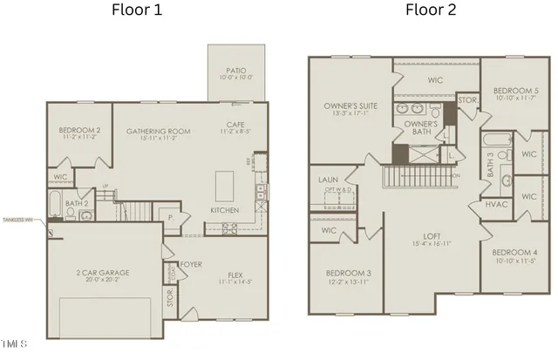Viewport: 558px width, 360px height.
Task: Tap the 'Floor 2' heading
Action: [430, 11]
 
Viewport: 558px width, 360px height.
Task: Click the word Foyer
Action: [191, 264]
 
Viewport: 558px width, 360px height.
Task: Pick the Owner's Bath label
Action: [420, 129]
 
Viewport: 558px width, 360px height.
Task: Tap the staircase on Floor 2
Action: [418, 177]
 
